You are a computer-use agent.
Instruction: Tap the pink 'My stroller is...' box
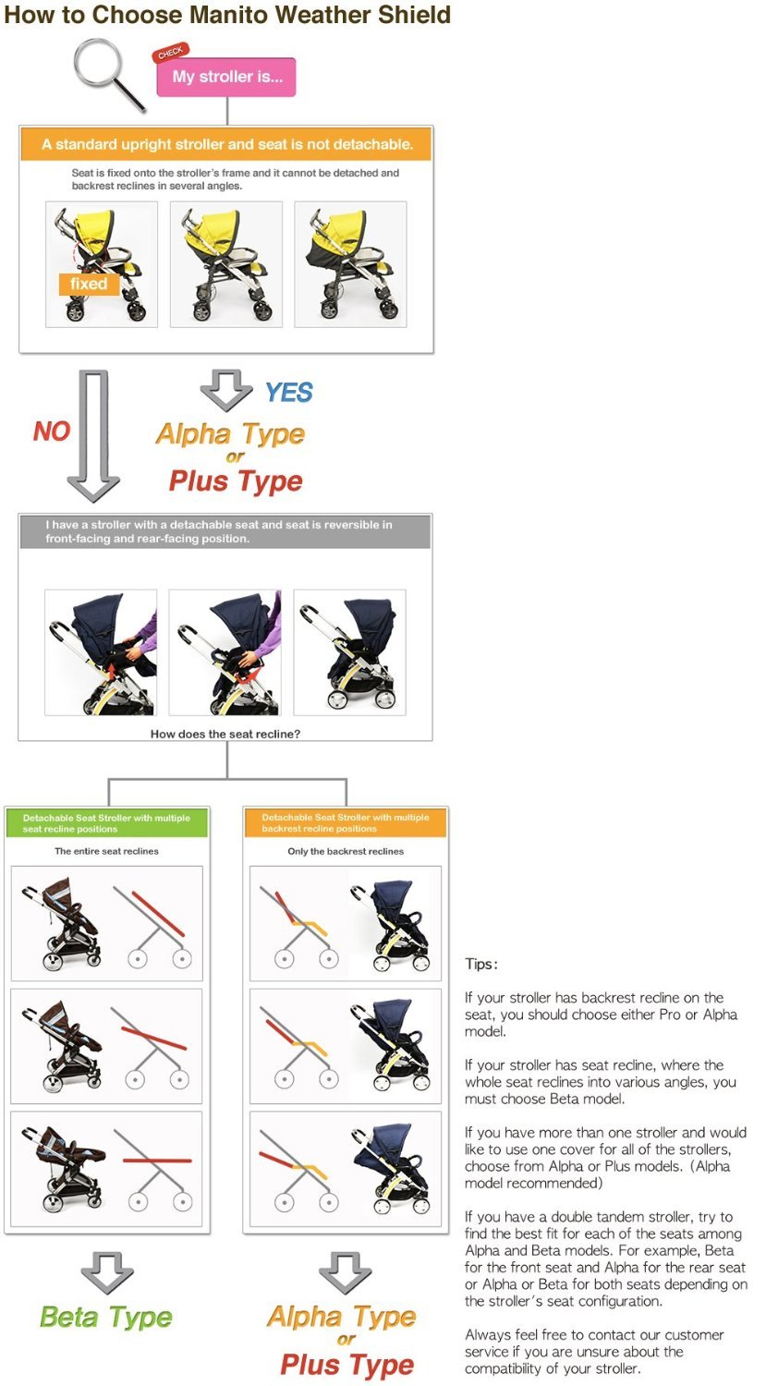click(226, 77)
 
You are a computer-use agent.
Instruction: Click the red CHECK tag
click(170, 53)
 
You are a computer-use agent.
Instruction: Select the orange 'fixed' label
click(89, 284)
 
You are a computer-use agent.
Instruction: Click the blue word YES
click(289, 393)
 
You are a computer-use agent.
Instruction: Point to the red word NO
click(52, 431)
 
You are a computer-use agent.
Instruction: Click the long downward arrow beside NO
click(93, 435)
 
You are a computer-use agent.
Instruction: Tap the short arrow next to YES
click(226, 390)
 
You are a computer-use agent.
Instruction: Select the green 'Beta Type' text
click(106, 1316)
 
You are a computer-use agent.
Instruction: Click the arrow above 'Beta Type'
click(107, 1271)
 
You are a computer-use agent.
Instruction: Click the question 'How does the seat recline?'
click(225, 734)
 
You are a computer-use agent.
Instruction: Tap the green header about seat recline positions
click(107, 823)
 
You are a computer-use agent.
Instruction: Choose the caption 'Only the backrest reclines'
click(346, 851)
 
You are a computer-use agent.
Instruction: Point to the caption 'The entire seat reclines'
click(106, 851)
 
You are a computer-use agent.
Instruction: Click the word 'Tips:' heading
click(481, 964)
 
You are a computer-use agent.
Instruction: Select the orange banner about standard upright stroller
click(226, 144)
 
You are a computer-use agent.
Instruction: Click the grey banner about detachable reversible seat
click(225, 531)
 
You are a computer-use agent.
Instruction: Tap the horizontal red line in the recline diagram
click(157, 1161)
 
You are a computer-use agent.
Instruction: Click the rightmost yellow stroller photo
click(350, 264)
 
